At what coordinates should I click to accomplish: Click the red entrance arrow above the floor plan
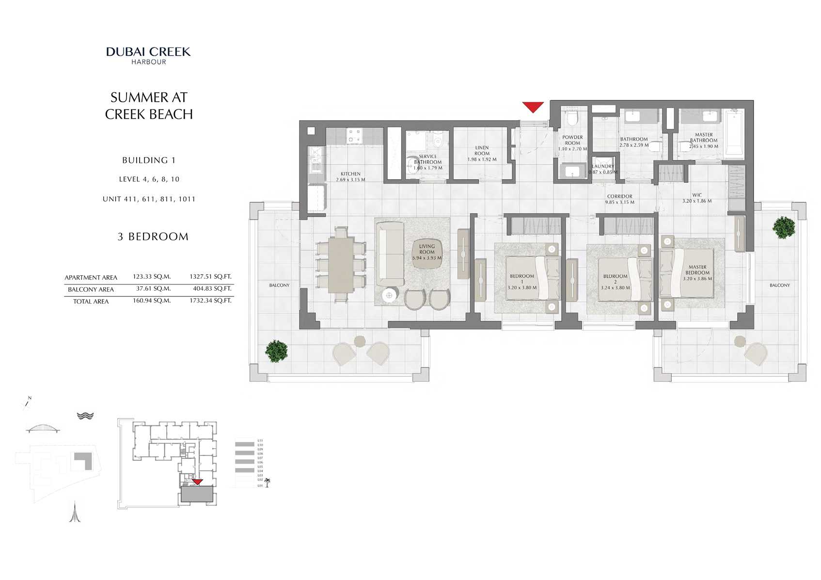pyautogui.click(x=533, y=107)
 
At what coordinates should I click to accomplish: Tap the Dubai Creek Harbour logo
pyautogui.click(x=148, y=55)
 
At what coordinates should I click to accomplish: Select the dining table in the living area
pyautogui.click(x=341, y=265)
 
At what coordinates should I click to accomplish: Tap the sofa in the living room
pyautogui.click(x=390, y=254)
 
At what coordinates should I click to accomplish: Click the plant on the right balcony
pyautogui.click(x=784, y=227)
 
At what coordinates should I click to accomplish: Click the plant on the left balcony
pyautogui.click(x=277, y=351)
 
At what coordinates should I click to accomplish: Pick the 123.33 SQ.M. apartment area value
pyautogui.click(x=152, y=277)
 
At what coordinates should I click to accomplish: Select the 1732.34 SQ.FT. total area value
pyautogui.click(x=210, y=300)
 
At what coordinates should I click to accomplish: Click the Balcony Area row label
pyautogui.click(x=91, y=289)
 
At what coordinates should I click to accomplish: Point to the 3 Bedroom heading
pyautogui.click(x=153, y=236)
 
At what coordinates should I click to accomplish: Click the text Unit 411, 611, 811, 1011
pyautogui.click(x=149, y=199)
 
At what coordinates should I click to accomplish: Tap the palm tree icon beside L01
pyautogui.click(x=267, y=483)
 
